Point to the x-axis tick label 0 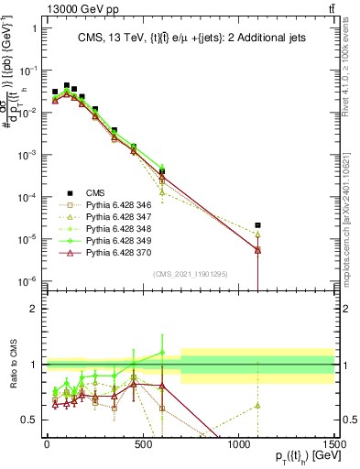click(47, 444)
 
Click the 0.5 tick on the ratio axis click(31, 420)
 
